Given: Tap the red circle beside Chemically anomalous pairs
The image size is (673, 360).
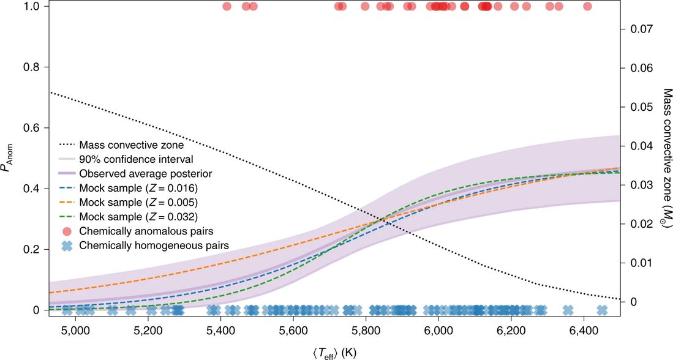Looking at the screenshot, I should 67,231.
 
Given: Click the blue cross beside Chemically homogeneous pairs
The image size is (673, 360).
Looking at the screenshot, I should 67,246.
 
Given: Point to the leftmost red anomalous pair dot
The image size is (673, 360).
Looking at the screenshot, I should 227,7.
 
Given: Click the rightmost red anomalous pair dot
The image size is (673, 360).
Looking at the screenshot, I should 588,7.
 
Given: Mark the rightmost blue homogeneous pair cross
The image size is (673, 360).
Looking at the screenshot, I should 602,310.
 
